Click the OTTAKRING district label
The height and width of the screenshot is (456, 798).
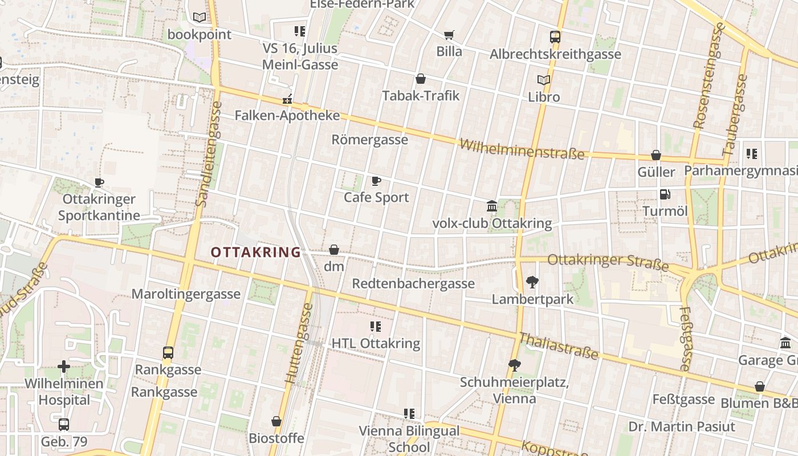click(x=255, y=252)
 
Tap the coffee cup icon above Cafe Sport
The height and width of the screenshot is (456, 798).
click(x=376, y=181)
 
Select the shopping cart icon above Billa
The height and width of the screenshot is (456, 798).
click(x=449, y=35)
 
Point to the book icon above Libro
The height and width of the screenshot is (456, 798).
click(x=544, y=80)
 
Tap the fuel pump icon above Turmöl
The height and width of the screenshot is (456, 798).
click(x=665, y=194)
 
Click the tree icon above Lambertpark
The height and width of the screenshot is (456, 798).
click(x=532, y=282)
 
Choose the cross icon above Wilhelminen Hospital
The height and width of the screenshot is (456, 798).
click(x=64, y=367)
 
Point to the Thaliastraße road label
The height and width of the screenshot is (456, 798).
click(x=559, y=346)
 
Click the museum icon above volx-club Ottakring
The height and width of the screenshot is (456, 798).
click(x=492, y=206)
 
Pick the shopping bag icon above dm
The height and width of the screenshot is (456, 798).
click(x=334, y=250)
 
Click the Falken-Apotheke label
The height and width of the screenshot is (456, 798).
click(x=287, y=116)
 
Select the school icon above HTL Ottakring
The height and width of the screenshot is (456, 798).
click(x=376, y=327)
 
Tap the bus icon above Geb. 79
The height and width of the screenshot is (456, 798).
click(x=64, y=425)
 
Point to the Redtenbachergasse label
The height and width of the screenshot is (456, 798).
click(x=413, y=284)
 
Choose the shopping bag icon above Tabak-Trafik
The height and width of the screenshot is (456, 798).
click(x=421, y=79)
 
